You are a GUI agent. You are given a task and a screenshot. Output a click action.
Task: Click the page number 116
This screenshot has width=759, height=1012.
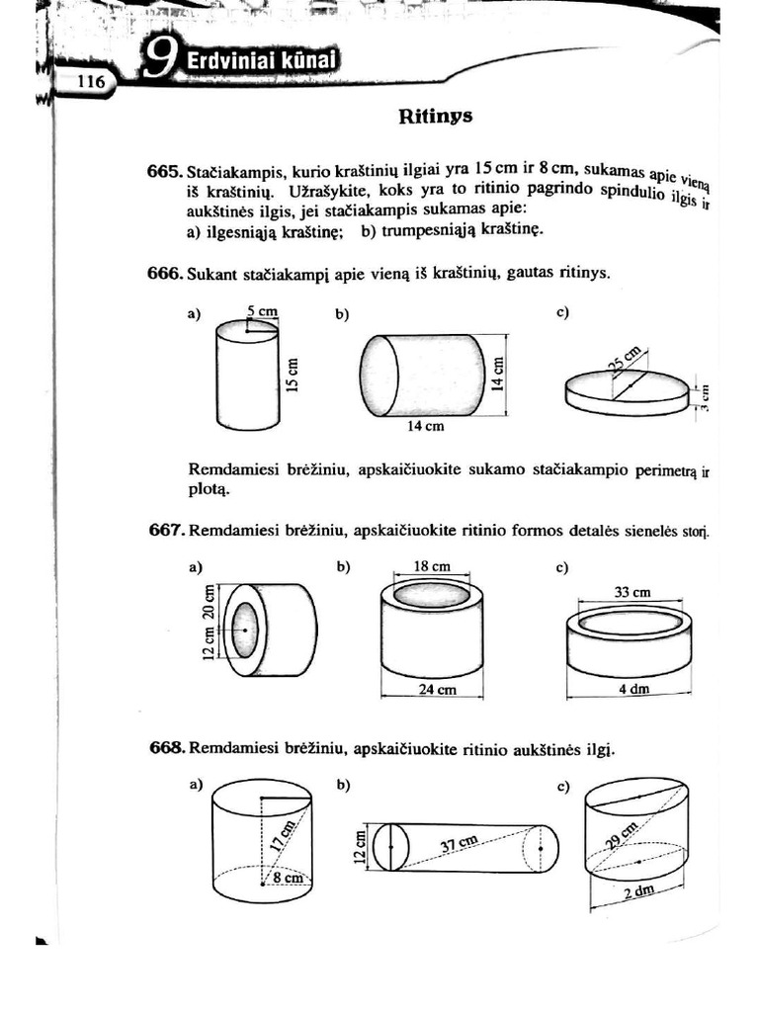point(90,83)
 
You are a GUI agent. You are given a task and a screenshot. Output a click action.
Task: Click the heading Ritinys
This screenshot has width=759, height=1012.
point(436,117)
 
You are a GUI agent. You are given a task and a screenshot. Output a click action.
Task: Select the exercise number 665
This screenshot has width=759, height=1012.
point(166,172)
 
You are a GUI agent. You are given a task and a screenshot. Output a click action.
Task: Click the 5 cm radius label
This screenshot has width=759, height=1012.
point(263,311)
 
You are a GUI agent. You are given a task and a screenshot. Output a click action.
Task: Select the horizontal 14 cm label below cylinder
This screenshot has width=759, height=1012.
point(426,428)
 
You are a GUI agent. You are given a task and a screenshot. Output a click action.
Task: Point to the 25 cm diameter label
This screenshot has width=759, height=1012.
point(625,359)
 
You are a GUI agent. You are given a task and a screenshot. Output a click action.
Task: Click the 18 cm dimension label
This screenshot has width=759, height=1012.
point(431,567)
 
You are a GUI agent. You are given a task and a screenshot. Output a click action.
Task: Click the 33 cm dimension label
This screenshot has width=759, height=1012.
point(632,593)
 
